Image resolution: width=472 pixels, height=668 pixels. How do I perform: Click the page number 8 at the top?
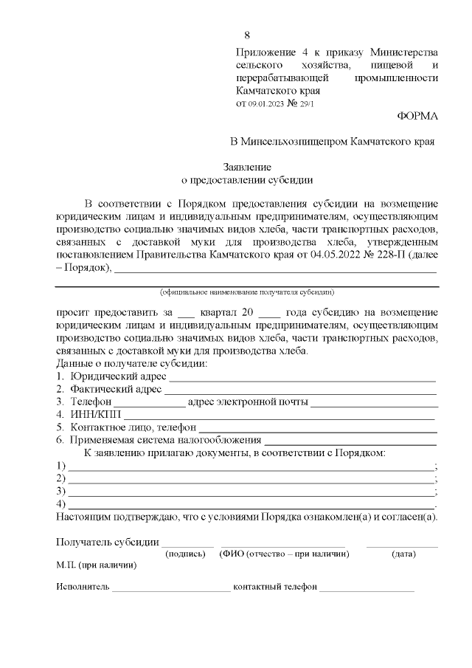(x=246, y=35)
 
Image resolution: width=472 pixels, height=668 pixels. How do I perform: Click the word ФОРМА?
(x=417, y=116)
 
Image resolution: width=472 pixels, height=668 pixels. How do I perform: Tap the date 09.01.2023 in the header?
(x=265, y=104)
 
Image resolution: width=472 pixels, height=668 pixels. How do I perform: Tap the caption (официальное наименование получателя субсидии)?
(x=247, y=292)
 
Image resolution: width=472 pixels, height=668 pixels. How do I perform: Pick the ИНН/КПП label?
(x=90, y=415)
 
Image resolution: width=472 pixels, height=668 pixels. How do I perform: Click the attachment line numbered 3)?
(x=251, y=491)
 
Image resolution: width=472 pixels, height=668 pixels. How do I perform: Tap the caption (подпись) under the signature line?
(x=185, y=554)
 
